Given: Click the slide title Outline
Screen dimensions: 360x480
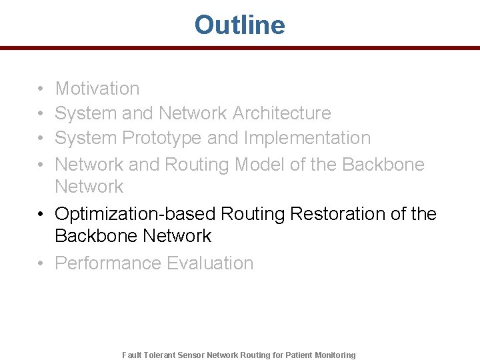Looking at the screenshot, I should coord(239,25).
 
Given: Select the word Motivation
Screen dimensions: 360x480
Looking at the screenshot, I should coord(97,89).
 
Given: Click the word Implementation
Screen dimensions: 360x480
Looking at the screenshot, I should coord(307,138).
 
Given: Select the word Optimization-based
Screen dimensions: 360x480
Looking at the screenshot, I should coord(135,214).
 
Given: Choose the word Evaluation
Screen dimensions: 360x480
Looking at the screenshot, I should coord(210,263).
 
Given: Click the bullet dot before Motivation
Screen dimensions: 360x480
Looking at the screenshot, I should coord(41,89).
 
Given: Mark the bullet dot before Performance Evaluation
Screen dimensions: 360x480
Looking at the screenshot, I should coord(41,264).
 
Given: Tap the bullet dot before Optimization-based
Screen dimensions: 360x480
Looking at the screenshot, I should coord(41,215).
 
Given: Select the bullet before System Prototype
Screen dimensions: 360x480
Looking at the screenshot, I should coord(41,139).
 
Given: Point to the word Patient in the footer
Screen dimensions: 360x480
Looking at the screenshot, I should coord(300,355).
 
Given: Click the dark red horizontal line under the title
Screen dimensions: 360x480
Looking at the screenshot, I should coord(239,48).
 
